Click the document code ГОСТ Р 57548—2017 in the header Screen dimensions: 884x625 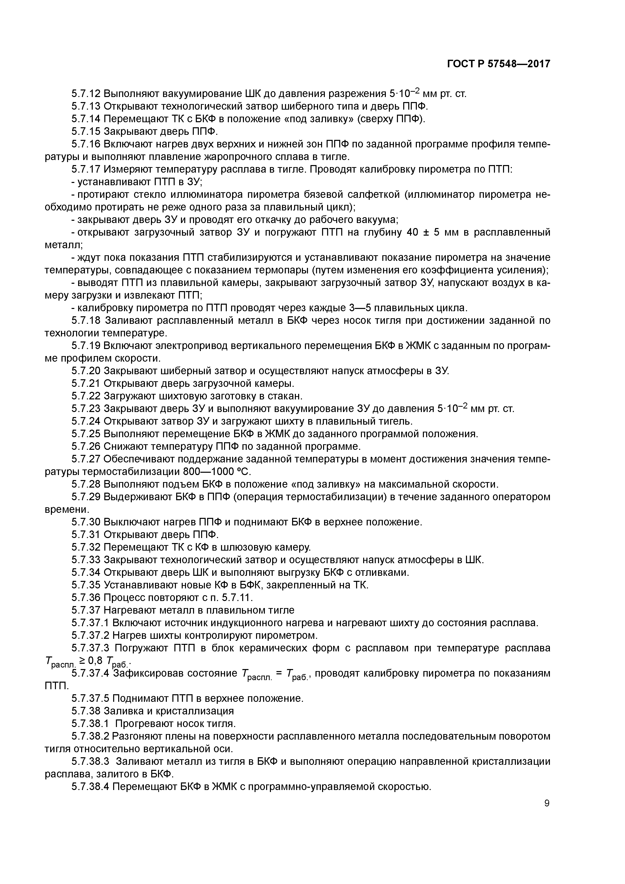(x=499, y=64)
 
